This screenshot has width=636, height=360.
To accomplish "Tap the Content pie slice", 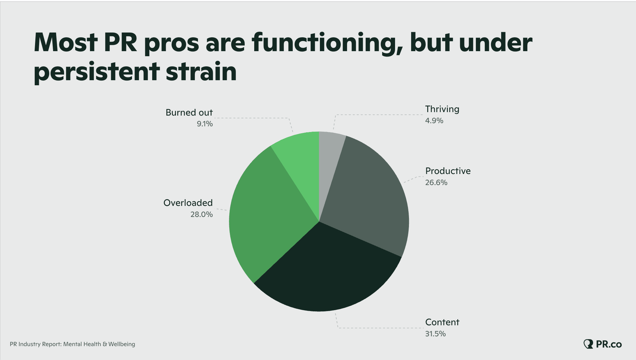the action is click(x=328, y=272).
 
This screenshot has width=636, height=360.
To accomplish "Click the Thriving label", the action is click(x=442, y=109).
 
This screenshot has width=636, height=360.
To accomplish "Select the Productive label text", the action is click(x=448, y=171).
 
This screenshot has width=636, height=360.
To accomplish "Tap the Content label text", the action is click(x=442, y=322).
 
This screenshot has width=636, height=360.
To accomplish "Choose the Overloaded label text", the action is click(x=188, y=203).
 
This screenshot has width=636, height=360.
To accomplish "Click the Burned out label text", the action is click(x=189, y=112).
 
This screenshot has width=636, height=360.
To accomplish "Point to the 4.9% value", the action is click(x=434, y=121).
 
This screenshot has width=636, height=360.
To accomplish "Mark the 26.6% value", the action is click(x=436, y=183).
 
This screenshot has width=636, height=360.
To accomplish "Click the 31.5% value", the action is click(x=435, y=334).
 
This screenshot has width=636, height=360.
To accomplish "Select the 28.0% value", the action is click(x=201, y=214).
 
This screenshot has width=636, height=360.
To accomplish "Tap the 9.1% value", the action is click(x=205, y=124).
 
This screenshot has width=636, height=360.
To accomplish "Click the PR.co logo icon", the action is click(x=588, y=344).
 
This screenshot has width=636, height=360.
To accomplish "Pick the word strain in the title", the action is click(x=201, y=71).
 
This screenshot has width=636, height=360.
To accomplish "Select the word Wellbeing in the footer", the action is click(x=122, y=344).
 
